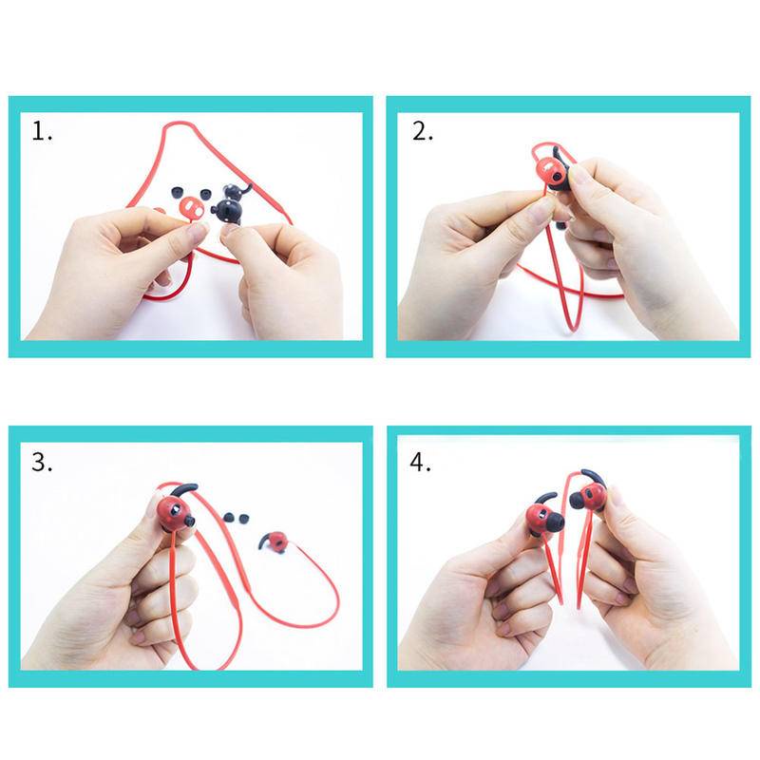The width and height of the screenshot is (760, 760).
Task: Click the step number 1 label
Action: (x=42, y=131)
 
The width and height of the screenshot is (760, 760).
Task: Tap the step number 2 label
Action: (x=423, y=131)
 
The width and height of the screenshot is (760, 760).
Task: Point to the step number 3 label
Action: (x=42, y=462)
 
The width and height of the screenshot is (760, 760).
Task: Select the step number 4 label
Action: (x=420, y=462)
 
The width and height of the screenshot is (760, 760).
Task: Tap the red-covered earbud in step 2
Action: (x=549, y=172)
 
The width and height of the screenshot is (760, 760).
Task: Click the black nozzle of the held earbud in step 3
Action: (x=189, y=522)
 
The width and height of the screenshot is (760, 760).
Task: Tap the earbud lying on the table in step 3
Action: (x=274, y=541)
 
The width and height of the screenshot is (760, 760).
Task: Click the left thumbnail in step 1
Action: (x=197, y=232)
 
